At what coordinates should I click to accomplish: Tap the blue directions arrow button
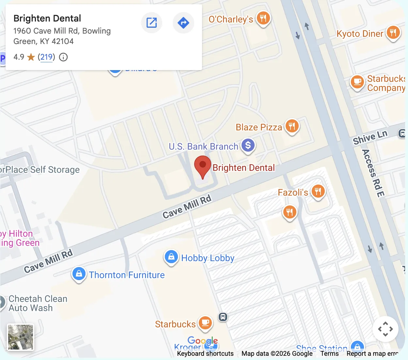[183, 23]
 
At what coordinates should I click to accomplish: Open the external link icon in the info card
[151, 23]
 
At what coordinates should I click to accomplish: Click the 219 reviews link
[46, 57]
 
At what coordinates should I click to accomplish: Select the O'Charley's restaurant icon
[263, 18]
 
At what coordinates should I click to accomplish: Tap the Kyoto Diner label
[360, 34]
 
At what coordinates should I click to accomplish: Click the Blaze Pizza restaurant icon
[292, 126]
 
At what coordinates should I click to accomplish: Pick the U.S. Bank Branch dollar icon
[248, 145]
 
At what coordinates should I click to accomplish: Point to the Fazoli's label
[293, 192]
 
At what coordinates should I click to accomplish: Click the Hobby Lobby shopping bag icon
[171, 257]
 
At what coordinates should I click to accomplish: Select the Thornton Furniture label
[127, 275]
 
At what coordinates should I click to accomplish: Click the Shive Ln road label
[370, 137]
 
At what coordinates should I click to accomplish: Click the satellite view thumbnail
[21, 337]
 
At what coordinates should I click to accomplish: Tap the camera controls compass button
[385, 329]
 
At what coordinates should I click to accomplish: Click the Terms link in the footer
[329, 353]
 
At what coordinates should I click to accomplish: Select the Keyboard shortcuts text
[205, 353]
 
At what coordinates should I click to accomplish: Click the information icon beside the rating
[63, 57]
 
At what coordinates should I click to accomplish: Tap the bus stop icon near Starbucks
[223, 317]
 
